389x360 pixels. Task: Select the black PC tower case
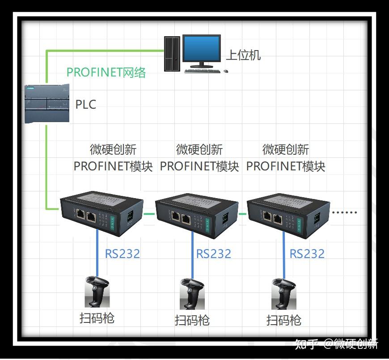click(171, 53)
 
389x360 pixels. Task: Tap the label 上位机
click(243, 55)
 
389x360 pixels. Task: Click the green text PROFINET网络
click(106, 72)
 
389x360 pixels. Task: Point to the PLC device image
click(47, 104)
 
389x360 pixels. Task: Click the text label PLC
click(85, 105)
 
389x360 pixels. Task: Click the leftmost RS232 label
click(122, 254)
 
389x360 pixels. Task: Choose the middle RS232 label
click(213, 254)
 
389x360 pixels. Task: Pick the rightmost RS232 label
click(307, 254)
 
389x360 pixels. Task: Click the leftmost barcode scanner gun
click(97, 292)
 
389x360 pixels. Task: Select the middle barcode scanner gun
click(192, 294)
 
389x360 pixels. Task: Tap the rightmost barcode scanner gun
click(284, 294)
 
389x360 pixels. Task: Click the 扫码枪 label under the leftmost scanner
click(97, 318)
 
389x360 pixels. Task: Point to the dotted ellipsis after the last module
click(347, 212)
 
